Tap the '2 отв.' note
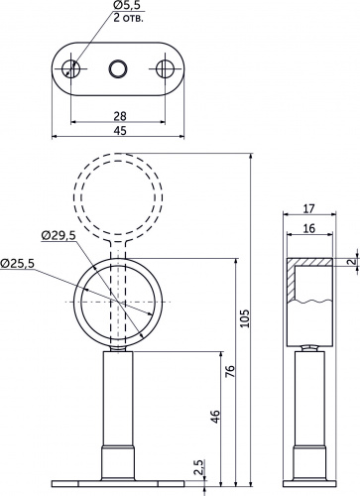[x=129, y=18]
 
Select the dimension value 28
[x=120, y=116]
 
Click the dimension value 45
[x=120, y=131]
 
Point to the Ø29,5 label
[x=59, y=235]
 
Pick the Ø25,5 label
[x=17, y=263]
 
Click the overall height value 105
[x=245, y=318]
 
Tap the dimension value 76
[x=230, y=371]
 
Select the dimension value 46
[x=214, y=417]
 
